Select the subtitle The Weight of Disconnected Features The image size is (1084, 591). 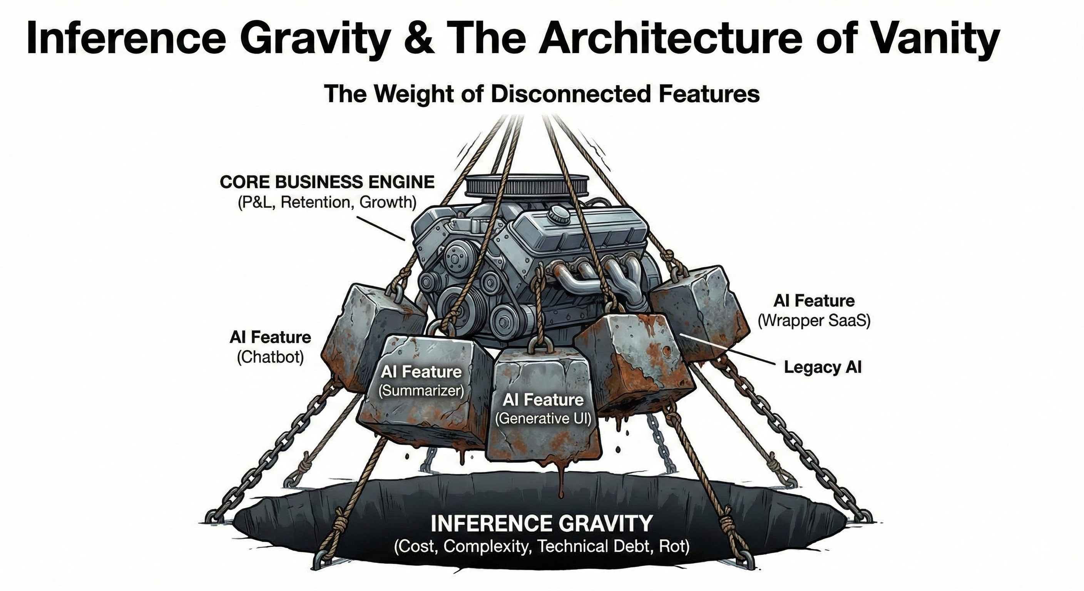[542, 94]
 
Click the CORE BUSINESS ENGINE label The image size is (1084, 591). [327, 182]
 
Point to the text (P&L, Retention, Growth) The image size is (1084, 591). [327, 202]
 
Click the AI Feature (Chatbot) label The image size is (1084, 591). [270, 347]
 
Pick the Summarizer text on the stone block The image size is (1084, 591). [421, 391]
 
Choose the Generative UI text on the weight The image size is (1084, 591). [543, 419]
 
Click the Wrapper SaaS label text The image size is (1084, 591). [814, 321]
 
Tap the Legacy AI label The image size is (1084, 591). [823, 367]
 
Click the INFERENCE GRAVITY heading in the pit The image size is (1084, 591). [542, 524]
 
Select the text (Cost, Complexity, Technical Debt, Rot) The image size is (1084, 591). [542, 546]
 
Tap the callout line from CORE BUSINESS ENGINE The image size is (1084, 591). [381, 227]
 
